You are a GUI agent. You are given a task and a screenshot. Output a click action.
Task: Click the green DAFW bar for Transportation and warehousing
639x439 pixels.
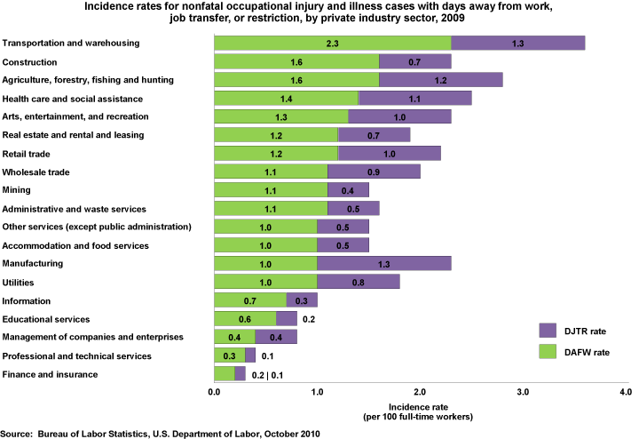click(x=333, y=43)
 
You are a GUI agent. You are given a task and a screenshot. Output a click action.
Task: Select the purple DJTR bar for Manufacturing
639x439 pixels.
click(x=384, y=263)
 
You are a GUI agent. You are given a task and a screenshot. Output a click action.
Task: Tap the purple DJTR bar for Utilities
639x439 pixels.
click(x=358, y=282)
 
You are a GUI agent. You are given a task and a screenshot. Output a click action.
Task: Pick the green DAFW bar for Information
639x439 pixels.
click(x=250, y=300)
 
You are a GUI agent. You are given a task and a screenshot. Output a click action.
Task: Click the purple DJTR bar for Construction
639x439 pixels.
click(x=415, y=62)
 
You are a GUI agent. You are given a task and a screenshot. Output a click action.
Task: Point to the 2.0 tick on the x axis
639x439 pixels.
click(x=421, y=391)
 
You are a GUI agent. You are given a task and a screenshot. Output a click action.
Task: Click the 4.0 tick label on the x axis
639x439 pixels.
click(x=627, y=391)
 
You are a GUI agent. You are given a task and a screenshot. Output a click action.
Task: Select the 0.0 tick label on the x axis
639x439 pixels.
click(x=214, y=391)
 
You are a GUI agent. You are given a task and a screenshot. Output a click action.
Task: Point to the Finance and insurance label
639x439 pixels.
click(x=51, y=374)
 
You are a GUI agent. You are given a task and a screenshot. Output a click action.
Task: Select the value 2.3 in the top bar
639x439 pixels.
click(x=333, y=43)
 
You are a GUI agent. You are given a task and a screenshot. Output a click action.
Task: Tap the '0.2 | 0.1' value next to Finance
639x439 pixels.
click(x=269, y=374)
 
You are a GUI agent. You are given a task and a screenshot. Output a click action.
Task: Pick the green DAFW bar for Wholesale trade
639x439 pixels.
click(x=271, y=172)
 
